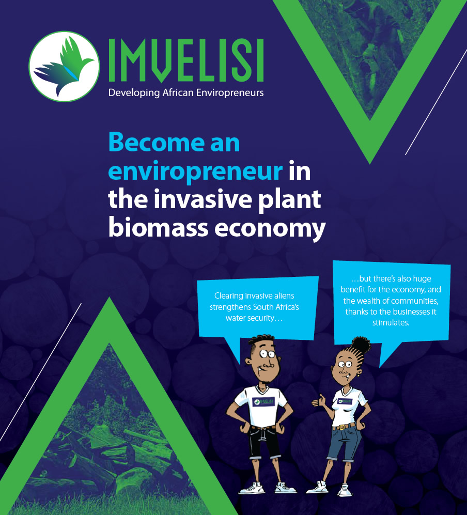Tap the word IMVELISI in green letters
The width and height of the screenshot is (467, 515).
point(186,60)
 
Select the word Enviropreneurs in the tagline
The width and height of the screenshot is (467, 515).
point(230,93)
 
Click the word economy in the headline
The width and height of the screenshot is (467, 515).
point(270,230)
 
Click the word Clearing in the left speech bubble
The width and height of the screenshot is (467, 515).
point(228,296)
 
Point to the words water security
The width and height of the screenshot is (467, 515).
point(254,318)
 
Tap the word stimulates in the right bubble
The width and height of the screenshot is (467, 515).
point(391,323)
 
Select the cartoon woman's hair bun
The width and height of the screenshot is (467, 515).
point(361,345)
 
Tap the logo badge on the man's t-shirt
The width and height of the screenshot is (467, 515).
point(263,401)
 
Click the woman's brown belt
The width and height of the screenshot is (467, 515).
point(344,427)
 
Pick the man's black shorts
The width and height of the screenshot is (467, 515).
point(264,442)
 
